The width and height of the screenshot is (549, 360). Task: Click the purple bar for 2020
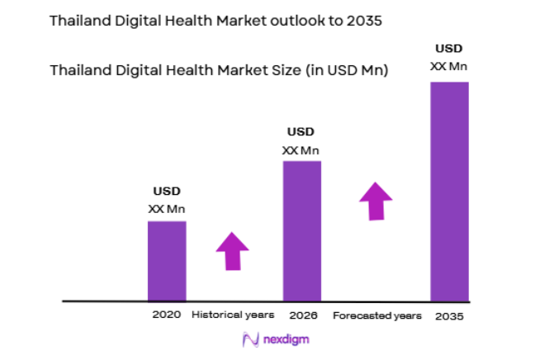click(x=167, y=260)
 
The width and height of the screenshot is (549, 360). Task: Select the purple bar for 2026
click(x=302, y=230)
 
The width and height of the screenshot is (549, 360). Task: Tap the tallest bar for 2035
click(x=450, y=191)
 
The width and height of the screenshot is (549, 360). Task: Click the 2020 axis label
click(x=165, y=315)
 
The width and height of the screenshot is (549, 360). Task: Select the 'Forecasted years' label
click(x=376, y=315)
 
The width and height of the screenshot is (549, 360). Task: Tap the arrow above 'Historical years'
click(x=232, y=251)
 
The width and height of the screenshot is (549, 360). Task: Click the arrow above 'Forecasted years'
click(x=376, y=201)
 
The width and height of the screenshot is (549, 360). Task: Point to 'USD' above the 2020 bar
click(x=166, y=192)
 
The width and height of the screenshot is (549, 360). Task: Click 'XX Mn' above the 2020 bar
click(x=166, y=209)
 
